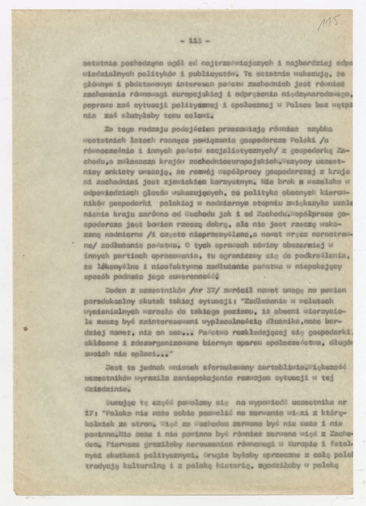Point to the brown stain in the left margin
coord(26,328)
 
